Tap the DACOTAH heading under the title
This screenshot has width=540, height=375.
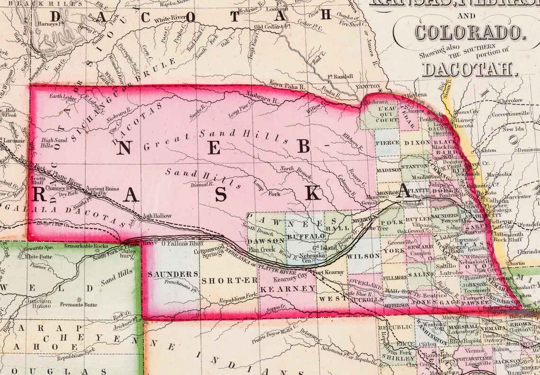click(x=468, y=69)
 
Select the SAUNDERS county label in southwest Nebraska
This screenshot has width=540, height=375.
click(x=166, y=274)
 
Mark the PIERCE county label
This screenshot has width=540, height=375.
click(x=387, y=142)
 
